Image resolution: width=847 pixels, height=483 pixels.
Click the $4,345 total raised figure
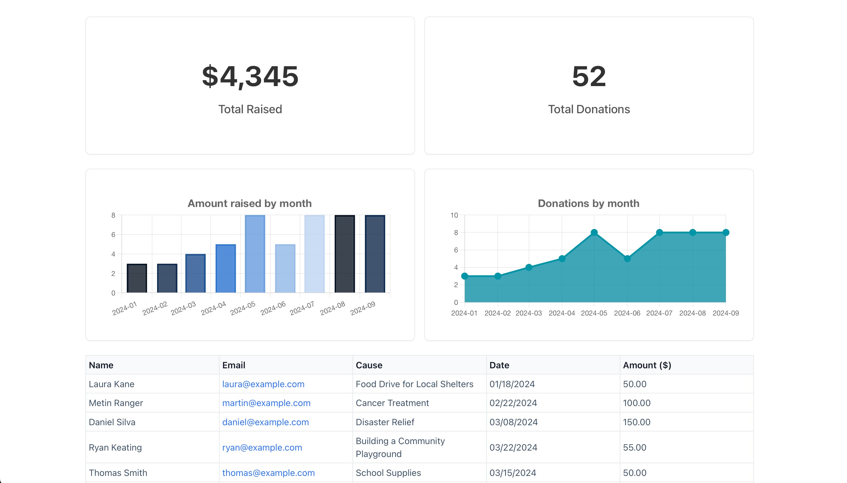coord(250,76)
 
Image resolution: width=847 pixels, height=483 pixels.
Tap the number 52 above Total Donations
coord(589,76)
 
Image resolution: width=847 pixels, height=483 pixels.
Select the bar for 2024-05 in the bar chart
coord(255,254)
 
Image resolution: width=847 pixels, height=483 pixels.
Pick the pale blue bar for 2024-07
coord(314,254)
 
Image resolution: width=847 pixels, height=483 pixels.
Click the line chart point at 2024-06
coord(627,258)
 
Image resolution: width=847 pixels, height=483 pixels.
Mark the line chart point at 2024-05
coord(594,233)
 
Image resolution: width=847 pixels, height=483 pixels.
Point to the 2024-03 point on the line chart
coord(529,267)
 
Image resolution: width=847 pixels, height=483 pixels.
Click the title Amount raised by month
coord(249,203)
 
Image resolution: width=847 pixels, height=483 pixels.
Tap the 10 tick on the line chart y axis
coord(454,215)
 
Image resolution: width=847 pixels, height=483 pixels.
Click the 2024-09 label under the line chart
coord(725,313)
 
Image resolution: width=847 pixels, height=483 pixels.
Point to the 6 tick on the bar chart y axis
coord(113,235)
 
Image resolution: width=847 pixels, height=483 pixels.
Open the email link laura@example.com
coord(263,384)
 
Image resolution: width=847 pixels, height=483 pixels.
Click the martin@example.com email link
coord(266,403)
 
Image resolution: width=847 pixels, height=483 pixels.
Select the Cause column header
coord(369,365)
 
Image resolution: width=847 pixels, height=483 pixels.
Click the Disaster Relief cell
coord(385,422)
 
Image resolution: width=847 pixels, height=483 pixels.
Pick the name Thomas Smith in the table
coord(118,473)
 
